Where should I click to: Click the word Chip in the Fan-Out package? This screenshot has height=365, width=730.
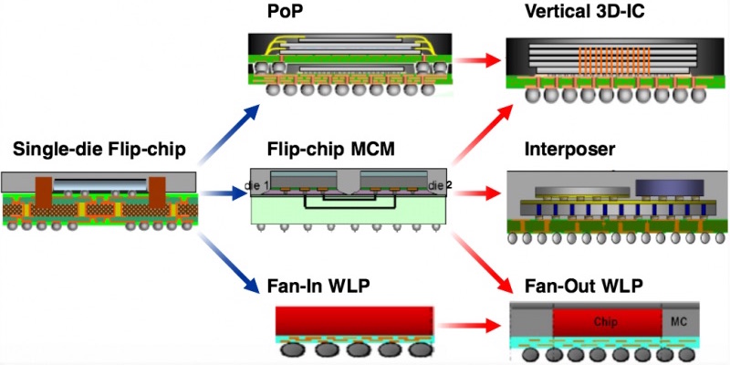pos(606,322)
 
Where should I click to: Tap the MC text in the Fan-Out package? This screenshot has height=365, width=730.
pos(678,322)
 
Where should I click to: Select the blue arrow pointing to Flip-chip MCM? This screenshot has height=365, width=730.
pos(224,193)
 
